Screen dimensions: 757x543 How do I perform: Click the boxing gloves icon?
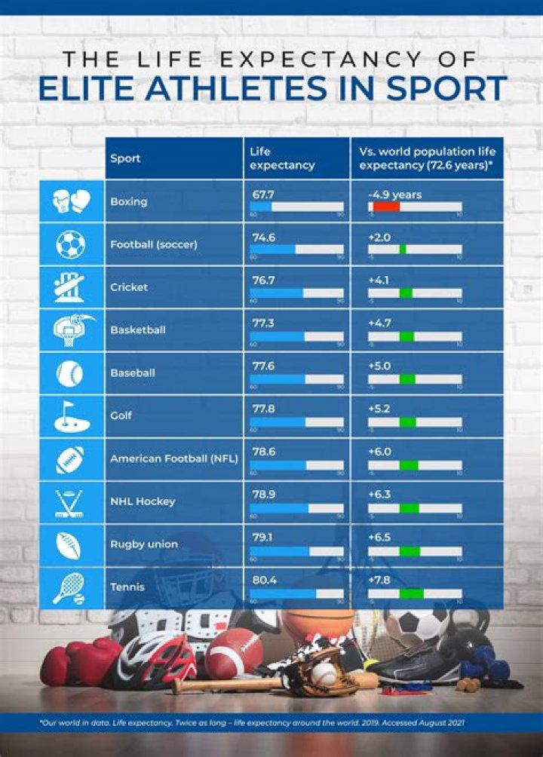tap(72, 201)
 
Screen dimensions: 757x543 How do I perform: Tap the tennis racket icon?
tap(70, 587)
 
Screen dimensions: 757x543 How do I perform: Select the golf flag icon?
tap(72, 415)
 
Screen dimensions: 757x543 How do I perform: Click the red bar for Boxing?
tap(385, 207)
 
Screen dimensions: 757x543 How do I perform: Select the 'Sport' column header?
tap(125, 158)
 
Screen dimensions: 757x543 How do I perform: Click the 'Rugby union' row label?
tap(144, 544)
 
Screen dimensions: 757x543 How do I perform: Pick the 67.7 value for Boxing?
tap(262, 195)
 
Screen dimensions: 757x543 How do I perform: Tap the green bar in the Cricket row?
tap(406, 293)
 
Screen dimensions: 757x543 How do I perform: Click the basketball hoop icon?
tap(72, 329)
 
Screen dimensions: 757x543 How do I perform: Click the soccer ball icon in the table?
tap(71, 244)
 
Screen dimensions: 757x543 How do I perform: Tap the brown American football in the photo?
tap(234, 653)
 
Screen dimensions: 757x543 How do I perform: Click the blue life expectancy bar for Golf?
tap(278, 421)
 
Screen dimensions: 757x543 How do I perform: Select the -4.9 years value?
tap(394, 195)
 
